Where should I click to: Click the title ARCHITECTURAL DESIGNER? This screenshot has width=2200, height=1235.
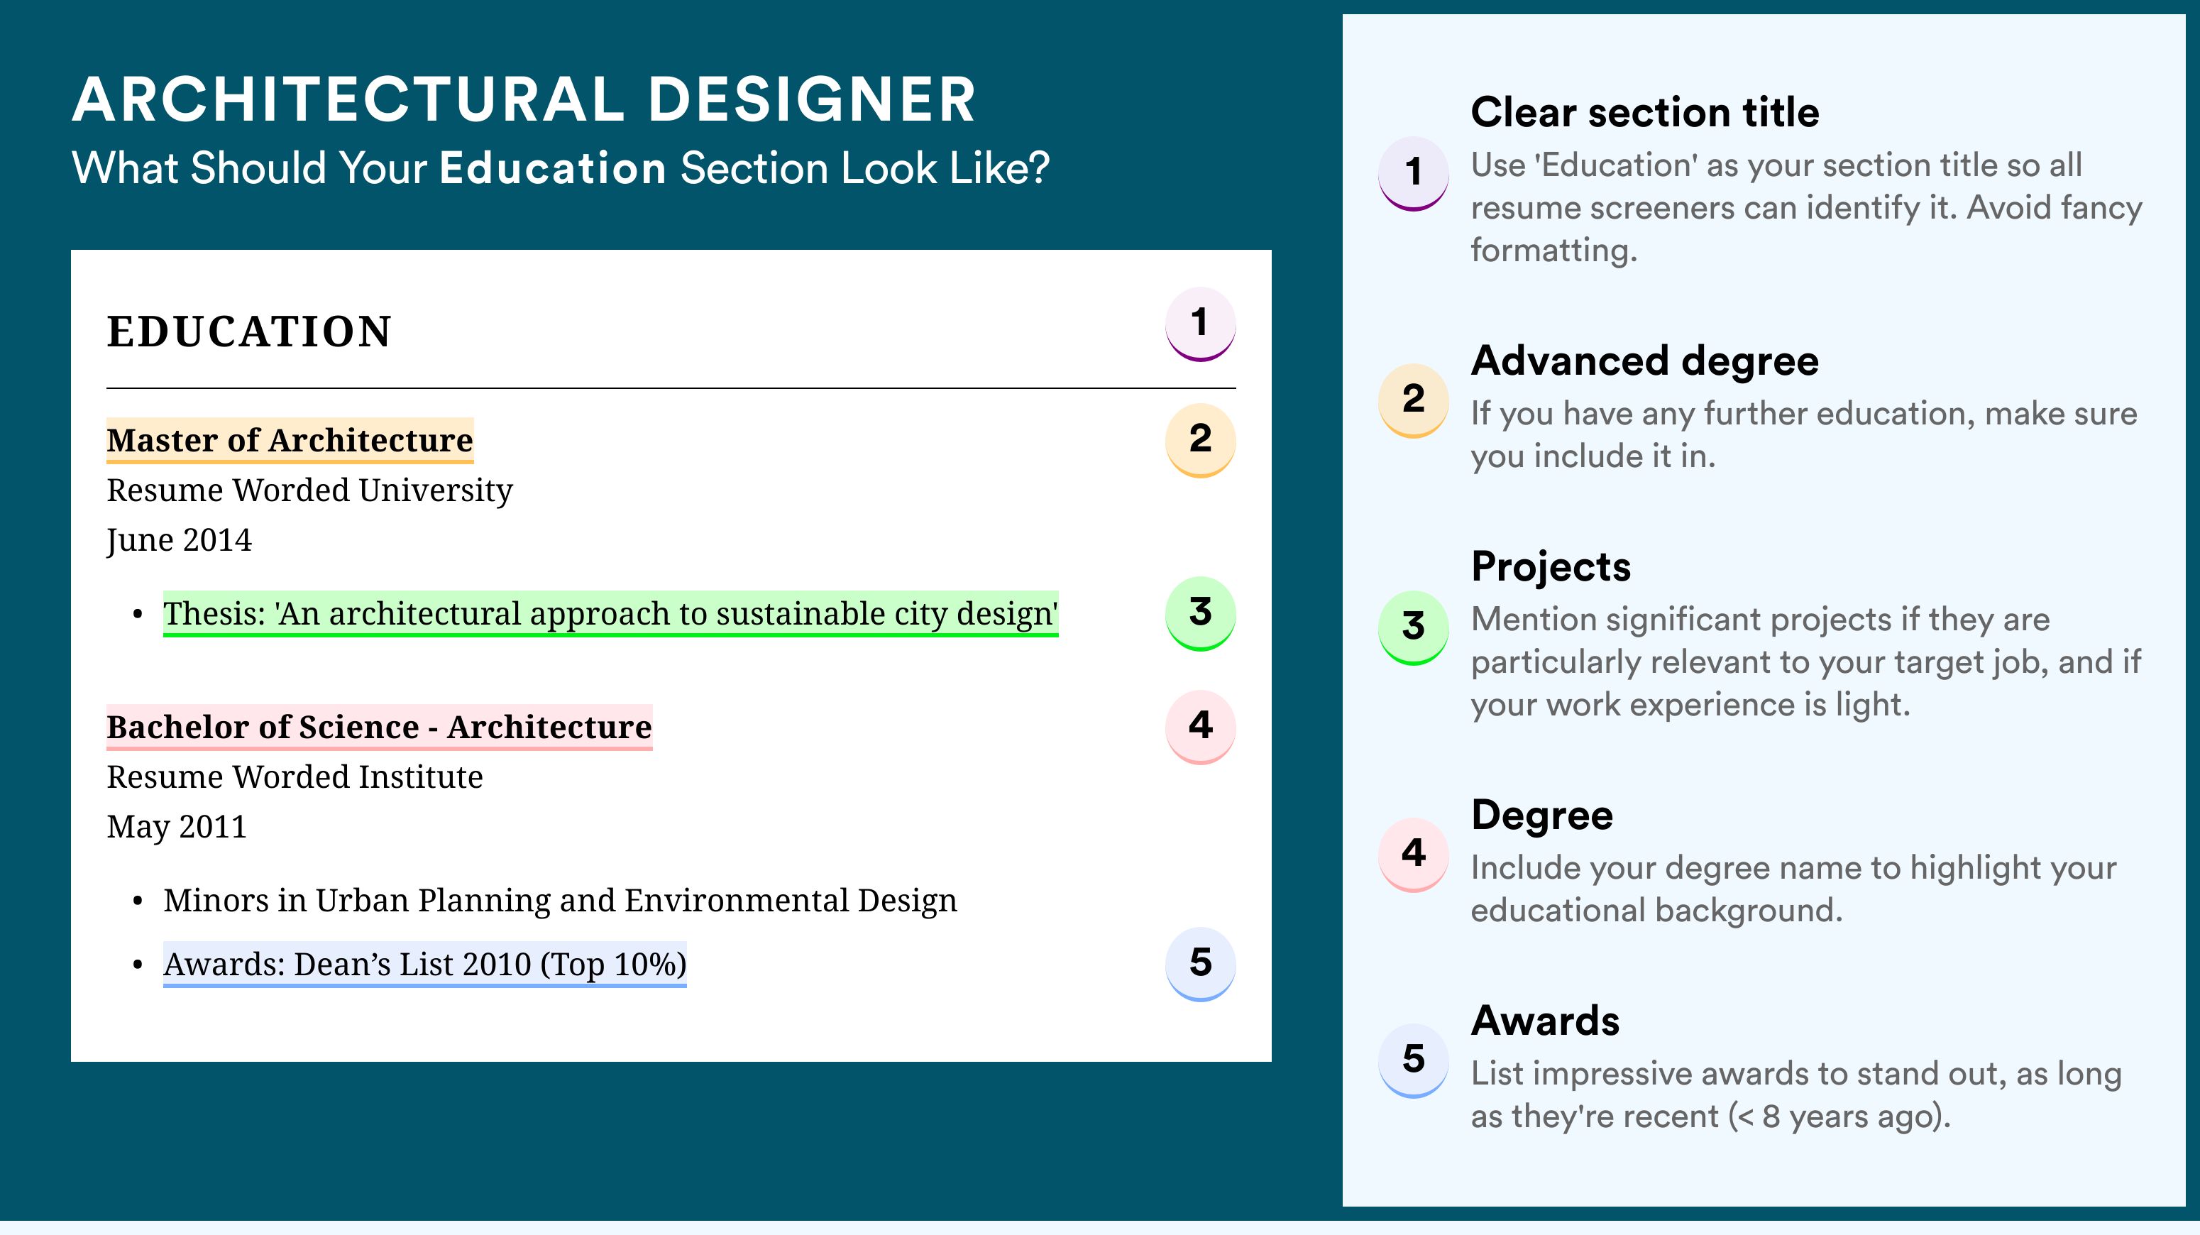click(x=524, y=99)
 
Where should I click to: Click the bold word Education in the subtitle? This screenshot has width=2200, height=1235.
click(x=553, y=168)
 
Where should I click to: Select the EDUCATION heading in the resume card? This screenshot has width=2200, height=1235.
click(x=248, y=331)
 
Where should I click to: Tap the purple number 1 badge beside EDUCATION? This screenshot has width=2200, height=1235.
click(x=1200, y=324)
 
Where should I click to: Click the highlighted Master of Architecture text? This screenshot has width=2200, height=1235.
click(x=290, y=440)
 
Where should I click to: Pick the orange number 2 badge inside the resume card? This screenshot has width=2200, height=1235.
click(x=1200, y=440)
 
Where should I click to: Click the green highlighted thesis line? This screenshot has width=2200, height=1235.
click(x=610, y=613)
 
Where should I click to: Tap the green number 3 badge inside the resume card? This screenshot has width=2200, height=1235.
click(x=1200, y=613)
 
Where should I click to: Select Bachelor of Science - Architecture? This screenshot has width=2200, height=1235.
click(x=379, y=727)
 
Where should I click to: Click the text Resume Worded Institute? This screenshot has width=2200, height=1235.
click(x=295, y=776)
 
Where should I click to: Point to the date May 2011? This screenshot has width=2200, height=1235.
click(x=177, y=827)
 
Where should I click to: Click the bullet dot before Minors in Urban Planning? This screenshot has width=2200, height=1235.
click(x=138, y=902)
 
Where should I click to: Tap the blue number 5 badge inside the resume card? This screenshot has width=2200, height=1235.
click(x=1200, y=963)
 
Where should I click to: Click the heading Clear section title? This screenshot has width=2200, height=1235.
click(x=1645, y=112)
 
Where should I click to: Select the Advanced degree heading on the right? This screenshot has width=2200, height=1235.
click(x=1645, y=361)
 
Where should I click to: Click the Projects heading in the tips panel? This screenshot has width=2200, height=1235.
click(x=1551, y=566)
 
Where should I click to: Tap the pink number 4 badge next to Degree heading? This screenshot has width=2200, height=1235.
click(x=1414, y=854)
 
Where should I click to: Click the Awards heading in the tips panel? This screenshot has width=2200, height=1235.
click(x=1545, y=1021)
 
